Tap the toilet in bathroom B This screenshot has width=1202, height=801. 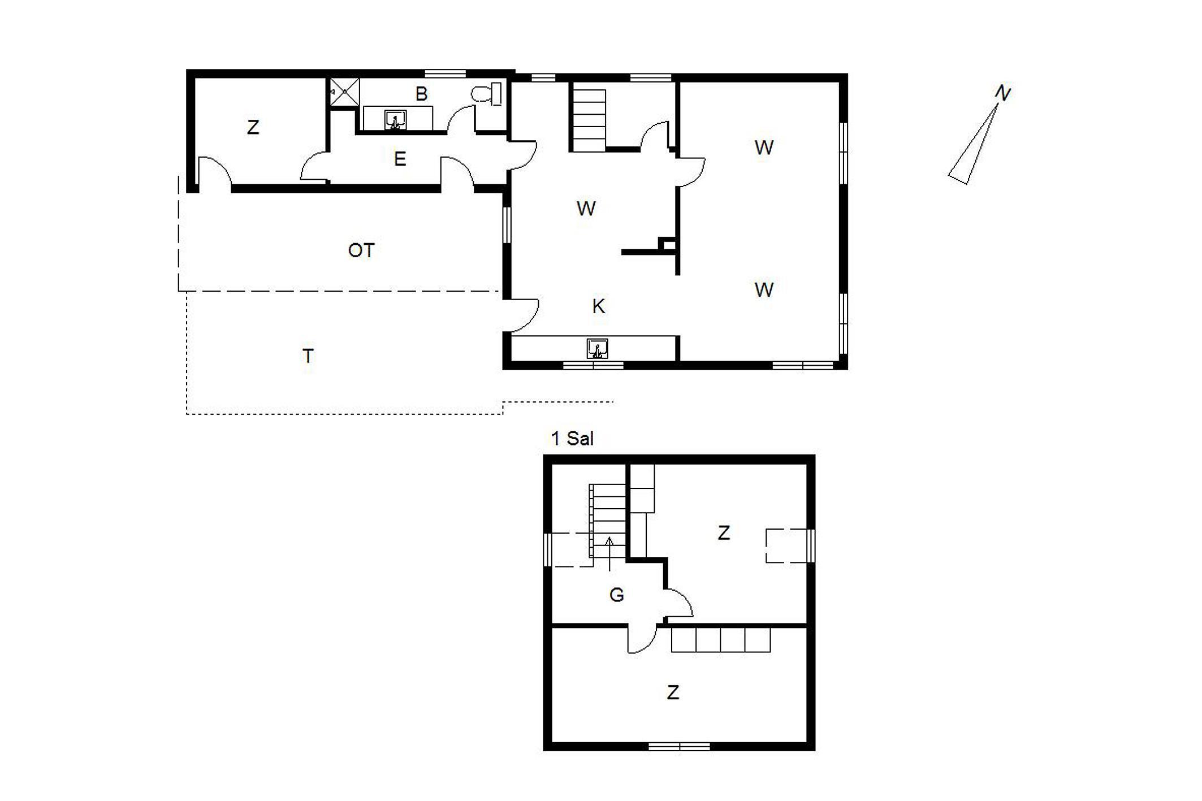click(486, 94)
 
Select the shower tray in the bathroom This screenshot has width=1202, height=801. click(345, 92)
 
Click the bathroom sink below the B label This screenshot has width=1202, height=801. click(395, 120)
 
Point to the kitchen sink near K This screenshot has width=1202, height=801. click(597, 349)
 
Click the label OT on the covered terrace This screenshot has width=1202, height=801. click(361, 250)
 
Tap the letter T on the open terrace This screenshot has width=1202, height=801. click(308, 356)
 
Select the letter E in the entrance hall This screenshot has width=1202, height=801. click(400, 159)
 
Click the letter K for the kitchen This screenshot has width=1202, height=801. click(598, 306)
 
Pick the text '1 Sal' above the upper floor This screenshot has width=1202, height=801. click(572, 439)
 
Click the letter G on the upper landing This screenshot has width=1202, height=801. click(616, 595)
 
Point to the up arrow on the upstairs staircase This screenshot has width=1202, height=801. click(609, 553)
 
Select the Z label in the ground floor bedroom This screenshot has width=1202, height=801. click(253, 127)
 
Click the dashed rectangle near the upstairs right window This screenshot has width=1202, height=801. click(786, 545)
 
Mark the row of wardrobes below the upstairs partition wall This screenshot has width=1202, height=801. click(721, 639)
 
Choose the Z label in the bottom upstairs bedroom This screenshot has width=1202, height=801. click(672, 692)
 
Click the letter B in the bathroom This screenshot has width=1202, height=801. click(421, 94)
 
